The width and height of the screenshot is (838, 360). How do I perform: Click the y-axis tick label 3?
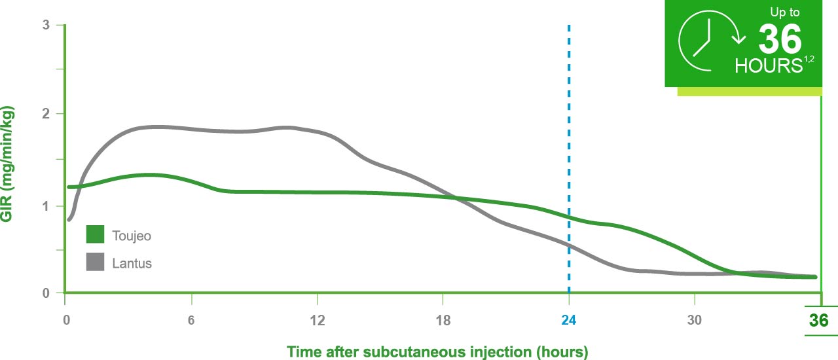tap(46, 26)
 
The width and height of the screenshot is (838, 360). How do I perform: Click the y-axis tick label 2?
tap(46, 114)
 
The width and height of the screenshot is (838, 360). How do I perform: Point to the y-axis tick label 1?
tap(46, 206)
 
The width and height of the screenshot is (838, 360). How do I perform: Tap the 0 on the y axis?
tap(46, 293)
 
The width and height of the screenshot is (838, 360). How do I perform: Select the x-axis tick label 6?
tap(191, 320)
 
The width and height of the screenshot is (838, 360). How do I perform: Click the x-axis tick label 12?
tap(317, 320)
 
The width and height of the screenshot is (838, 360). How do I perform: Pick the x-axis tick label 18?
tap(443, 320)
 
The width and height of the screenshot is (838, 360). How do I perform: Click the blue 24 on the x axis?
tap(569, 320)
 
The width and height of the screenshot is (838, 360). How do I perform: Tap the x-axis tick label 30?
tap(695, 320)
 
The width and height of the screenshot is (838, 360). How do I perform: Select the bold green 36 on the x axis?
tap(818, 321)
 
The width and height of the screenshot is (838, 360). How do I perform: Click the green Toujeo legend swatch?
tap(95, 234)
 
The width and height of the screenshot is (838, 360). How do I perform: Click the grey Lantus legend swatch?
tap(95, 262)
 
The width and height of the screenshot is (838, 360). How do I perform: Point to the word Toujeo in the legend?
tap(132, 235)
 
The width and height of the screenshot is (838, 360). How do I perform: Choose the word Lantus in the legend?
tap(132, 263)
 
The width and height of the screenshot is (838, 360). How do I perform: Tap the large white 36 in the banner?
tap(780, 40)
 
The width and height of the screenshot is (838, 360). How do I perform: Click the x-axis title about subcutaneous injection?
tap(437, 351)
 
